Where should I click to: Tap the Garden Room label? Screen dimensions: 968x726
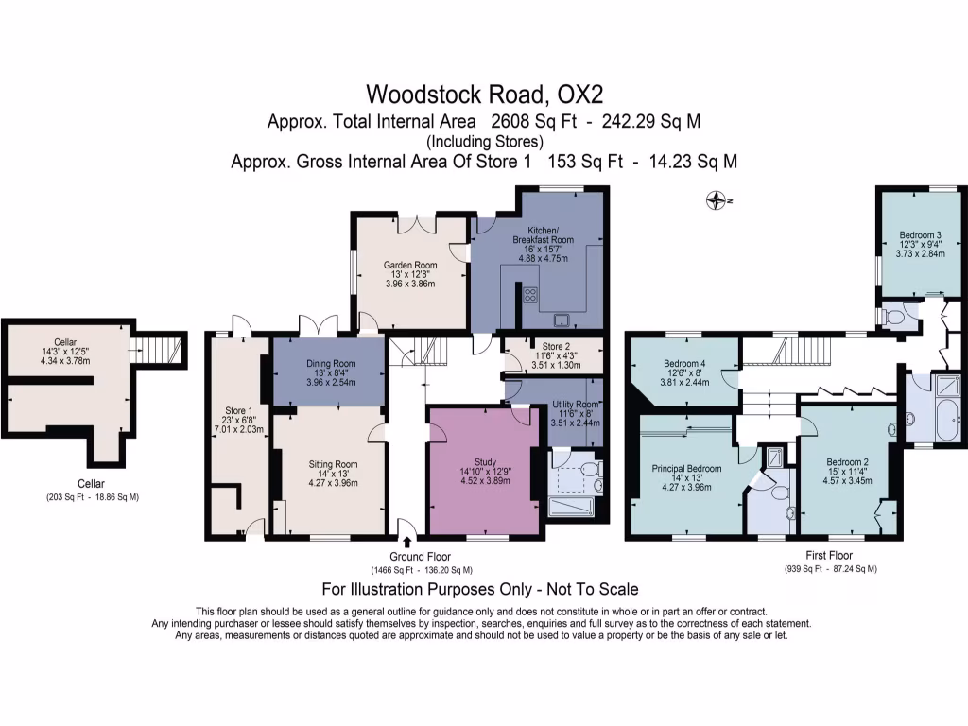(410, 265)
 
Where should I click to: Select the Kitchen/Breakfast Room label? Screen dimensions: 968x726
(544, 234)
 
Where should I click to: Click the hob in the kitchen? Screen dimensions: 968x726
(530, 295)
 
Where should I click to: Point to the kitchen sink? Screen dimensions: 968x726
(562, 320)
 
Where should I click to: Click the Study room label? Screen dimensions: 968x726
(486, 461)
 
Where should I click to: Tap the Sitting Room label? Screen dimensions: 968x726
(334, 464)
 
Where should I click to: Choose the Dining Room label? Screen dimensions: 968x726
(331, 364)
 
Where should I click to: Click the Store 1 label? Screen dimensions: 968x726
(238, 410)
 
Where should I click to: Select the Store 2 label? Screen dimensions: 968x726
(556, 346)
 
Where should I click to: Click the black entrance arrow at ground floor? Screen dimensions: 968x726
(406, 543)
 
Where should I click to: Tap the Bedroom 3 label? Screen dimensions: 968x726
(921, 234)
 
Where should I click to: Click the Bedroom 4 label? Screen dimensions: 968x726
(684, 364)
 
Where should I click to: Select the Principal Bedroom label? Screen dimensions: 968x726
(686, 469)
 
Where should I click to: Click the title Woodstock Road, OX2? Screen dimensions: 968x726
(485, 95)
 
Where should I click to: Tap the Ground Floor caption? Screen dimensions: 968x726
(420, 556)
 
